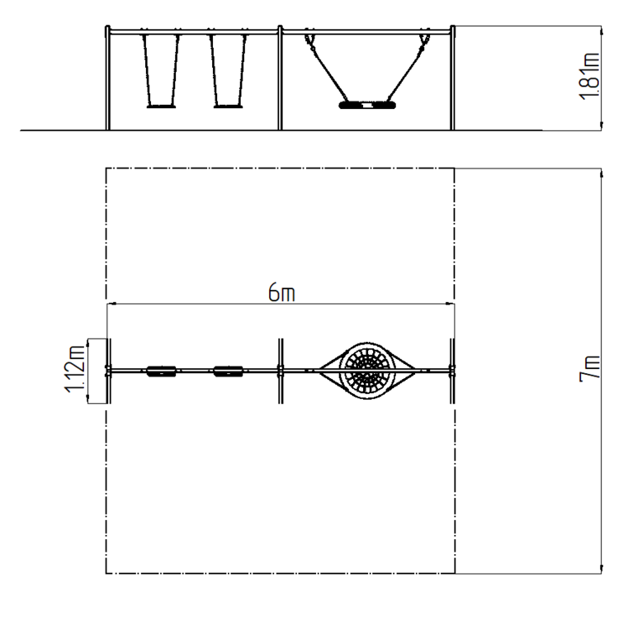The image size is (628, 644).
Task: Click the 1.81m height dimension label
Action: (x=589, y=76)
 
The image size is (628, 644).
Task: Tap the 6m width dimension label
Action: (x=282, y=293)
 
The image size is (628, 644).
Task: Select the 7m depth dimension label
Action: (x=589, y=368)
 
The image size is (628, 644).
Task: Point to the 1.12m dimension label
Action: (x=75, y=369)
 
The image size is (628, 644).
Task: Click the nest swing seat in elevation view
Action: (x=367, y=105)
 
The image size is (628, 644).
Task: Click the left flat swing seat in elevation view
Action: (x=161, y=106)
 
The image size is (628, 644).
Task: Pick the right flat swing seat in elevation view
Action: (x=228, y=106)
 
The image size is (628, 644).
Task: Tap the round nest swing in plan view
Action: (x=367, y=371)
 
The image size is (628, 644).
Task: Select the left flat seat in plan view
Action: (x=162, y=371)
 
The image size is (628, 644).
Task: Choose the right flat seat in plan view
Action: (x=228, y=371)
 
